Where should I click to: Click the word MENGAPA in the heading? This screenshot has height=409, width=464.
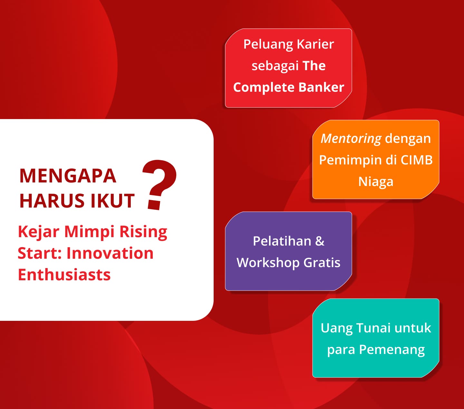tap(68, 176)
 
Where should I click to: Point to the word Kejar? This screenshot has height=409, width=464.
tap(39, 232)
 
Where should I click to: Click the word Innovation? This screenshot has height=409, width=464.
tap(110, 253)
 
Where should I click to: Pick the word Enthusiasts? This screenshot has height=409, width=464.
tap(64, 274)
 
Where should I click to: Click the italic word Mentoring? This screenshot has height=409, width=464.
tap(351, 139)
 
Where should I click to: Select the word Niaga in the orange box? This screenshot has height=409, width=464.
tap(376, 181)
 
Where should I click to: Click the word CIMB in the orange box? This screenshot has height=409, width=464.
tap(417, 160)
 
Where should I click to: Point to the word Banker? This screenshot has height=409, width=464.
tap(321, 88)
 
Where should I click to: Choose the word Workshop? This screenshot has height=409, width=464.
tap(268, 263)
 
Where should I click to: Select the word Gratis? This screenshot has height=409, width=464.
tap(322, 263)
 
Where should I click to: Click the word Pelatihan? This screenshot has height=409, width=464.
tap(282, 241)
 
